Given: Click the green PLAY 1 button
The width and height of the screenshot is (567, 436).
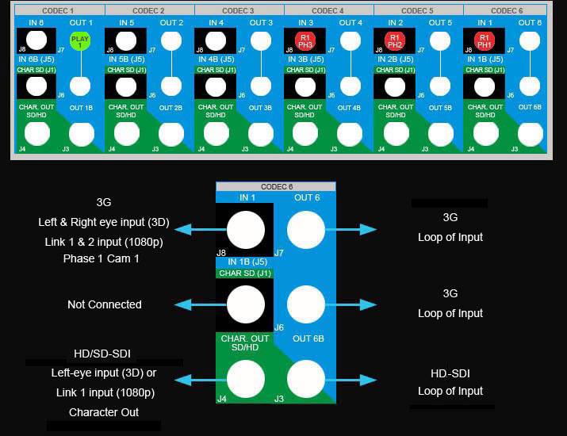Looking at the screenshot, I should pos(80,42).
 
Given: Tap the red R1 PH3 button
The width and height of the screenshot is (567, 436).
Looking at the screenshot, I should pos(305,42).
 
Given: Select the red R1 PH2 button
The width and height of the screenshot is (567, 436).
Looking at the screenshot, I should pos(394,42).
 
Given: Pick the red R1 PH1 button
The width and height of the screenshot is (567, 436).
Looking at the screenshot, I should pos(484,42).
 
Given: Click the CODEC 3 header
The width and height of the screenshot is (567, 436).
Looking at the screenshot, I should pos(238,11).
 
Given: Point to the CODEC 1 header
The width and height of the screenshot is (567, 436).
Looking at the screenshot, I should pos(59,11).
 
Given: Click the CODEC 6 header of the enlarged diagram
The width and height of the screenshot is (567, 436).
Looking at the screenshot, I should pos(275,186).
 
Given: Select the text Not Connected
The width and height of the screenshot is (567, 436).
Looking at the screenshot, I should pos(105,304).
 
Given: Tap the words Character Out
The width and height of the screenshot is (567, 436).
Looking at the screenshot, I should pos(104,412).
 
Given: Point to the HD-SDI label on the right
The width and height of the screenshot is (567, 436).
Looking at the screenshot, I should pos(450,373).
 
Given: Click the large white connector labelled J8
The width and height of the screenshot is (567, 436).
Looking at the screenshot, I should pos(246,230).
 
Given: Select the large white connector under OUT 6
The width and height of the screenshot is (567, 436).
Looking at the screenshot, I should pos(306,230).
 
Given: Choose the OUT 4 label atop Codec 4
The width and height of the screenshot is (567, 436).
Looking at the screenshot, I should pos(351,23).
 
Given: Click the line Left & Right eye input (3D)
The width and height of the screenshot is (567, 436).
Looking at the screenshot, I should pos(105,222).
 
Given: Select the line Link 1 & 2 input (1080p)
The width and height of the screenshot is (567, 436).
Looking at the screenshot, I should pos(105,240).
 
